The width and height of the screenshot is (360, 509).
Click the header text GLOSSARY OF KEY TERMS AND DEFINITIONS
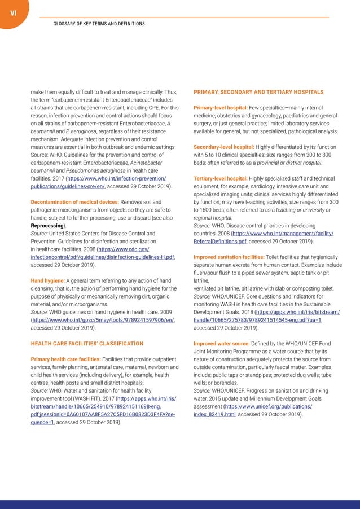coord(99,24)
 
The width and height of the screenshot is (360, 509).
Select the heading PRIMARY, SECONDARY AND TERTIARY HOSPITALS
coord(258,91)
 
